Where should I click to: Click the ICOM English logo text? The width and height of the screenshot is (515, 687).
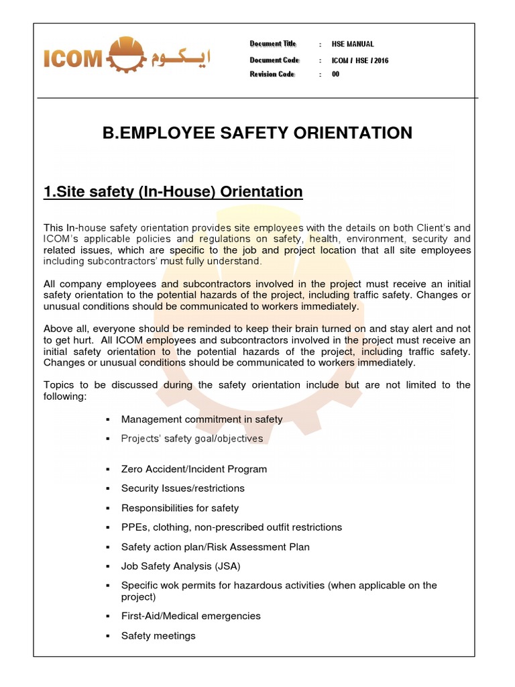click(72, 60)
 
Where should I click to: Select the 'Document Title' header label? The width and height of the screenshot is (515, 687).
click(273, 44)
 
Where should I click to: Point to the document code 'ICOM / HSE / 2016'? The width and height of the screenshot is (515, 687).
click(360, 60)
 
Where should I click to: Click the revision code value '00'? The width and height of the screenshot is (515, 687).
click(335, 74)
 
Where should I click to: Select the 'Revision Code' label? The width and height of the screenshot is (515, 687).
click(272, 74)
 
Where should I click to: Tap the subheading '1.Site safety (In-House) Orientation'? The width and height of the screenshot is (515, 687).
click(173, 192)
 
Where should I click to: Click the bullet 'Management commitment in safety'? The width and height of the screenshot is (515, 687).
click(202, 419)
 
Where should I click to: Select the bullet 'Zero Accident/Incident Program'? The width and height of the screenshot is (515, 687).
click(194, 469)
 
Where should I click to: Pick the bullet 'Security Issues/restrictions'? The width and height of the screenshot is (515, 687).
click(182, 488)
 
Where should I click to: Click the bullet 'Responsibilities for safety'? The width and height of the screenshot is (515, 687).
click(180, 508)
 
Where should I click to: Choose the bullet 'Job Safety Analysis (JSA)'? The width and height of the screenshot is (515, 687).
click(180, 566)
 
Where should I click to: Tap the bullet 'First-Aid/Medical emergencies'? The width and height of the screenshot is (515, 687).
click(190, 616)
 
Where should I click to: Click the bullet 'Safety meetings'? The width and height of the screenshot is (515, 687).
click(158, 635)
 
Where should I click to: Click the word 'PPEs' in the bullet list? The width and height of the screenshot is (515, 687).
click(132, 527)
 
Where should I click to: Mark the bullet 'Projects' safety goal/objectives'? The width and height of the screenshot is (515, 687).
click(192, 439)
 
